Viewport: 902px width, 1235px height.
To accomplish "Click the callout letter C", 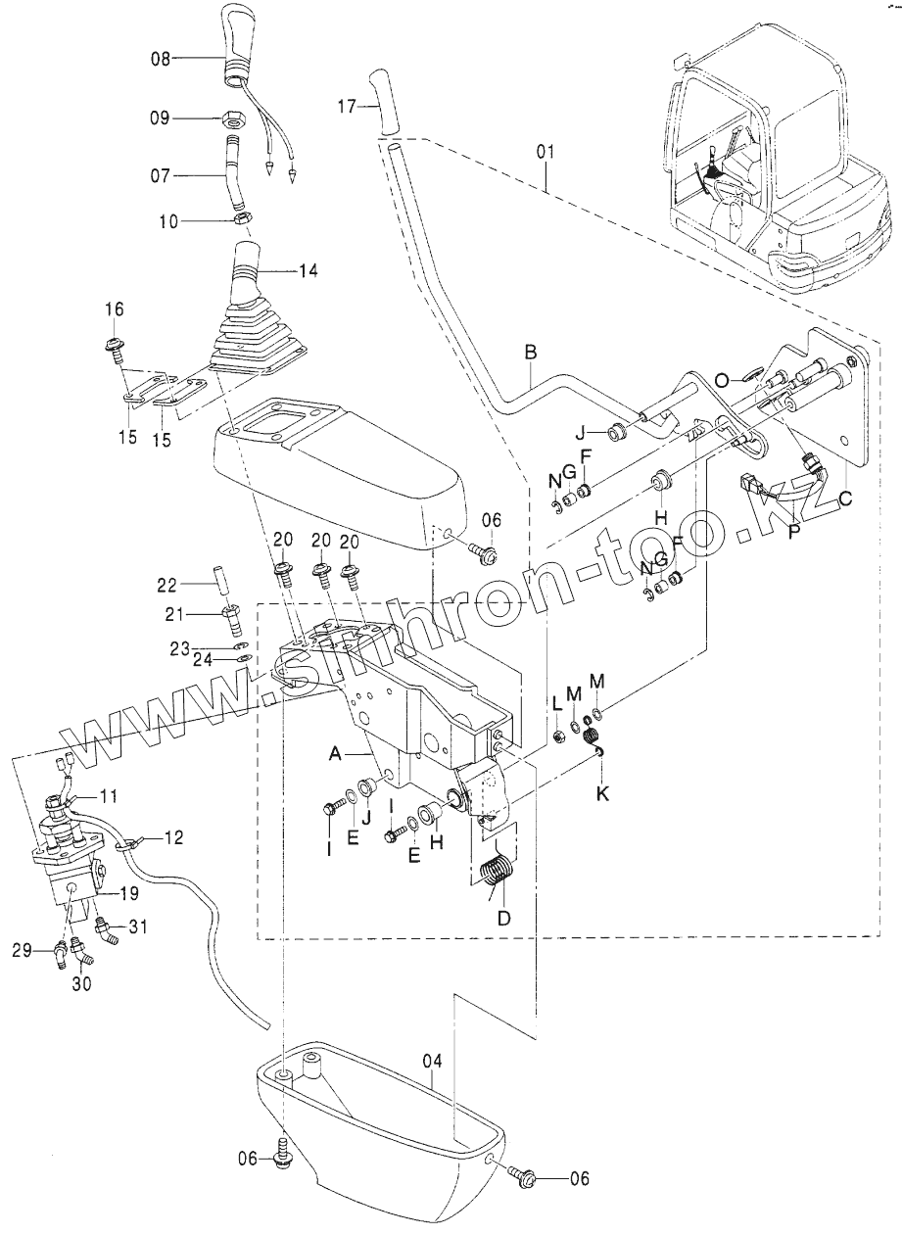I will pos(845,498).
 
